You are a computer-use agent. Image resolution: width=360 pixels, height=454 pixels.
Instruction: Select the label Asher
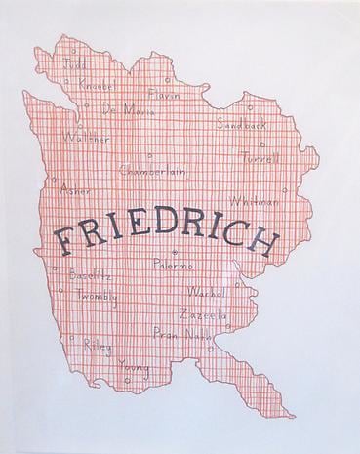[x=74, y=188]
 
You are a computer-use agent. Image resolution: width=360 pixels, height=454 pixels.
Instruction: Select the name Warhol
[x=208, y=293]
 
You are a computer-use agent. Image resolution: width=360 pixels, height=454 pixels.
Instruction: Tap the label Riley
[x=98, y=347]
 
